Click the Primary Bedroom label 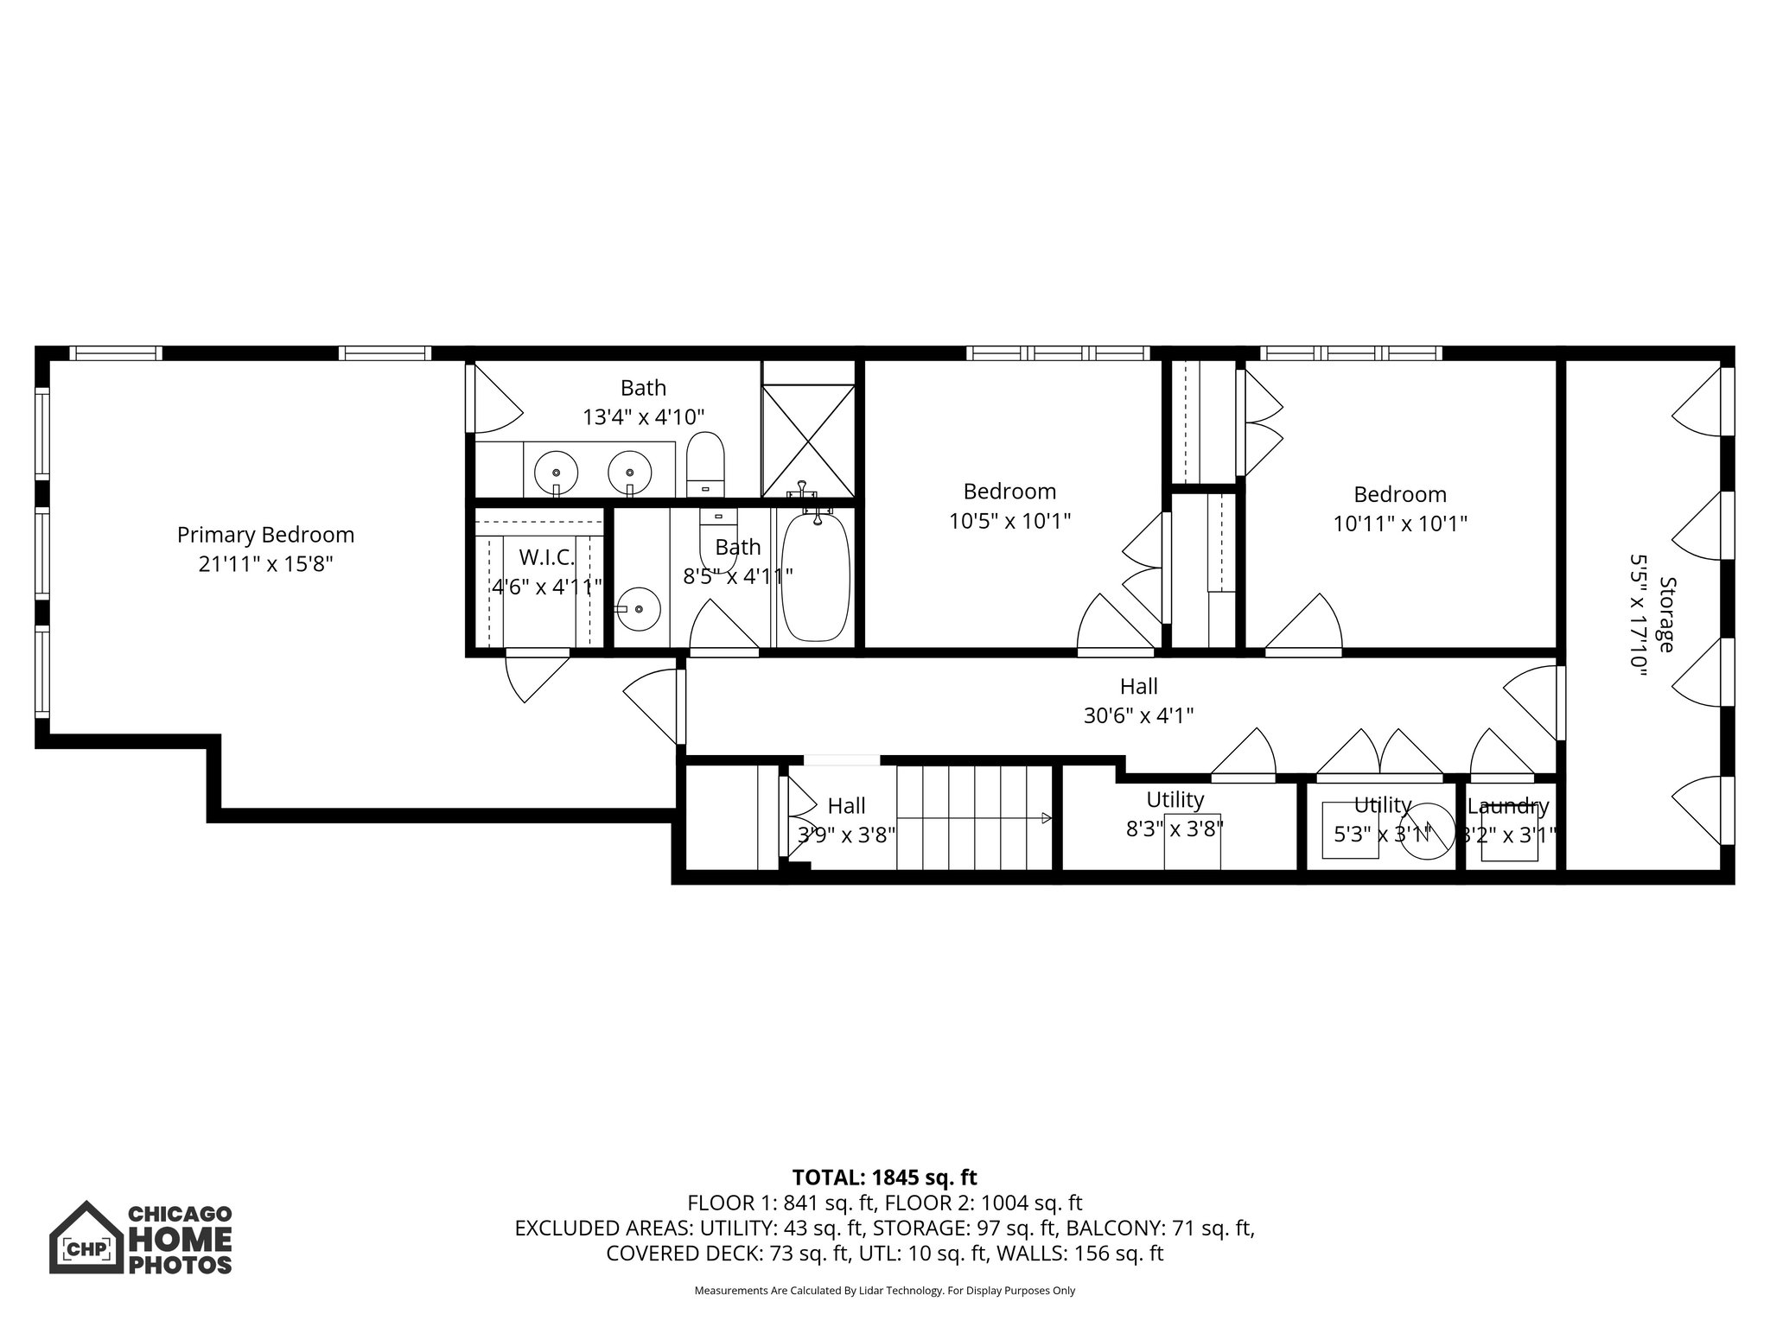[265, 535]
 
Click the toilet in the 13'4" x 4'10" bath [706, 464]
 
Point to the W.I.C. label [546, 557]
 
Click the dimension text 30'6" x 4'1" [1138, 715]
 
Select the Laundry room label [1507, 807]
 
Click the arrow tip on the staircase [1047, 818]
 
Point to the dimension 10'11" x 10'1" [1399, 524]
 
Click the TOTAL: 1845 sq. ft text [884, 1178]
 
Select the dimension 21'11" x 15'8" [265, 564]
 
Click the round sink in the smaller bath [640, 609]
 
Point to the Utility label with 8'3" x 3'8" [1175, 800]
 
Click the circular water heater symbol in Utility [1426, 832]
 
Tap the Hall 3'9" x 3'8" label [846, 806]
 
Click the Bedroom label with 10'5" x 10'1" [1009, 492]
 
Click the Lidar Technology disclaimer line [884, 1291]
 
